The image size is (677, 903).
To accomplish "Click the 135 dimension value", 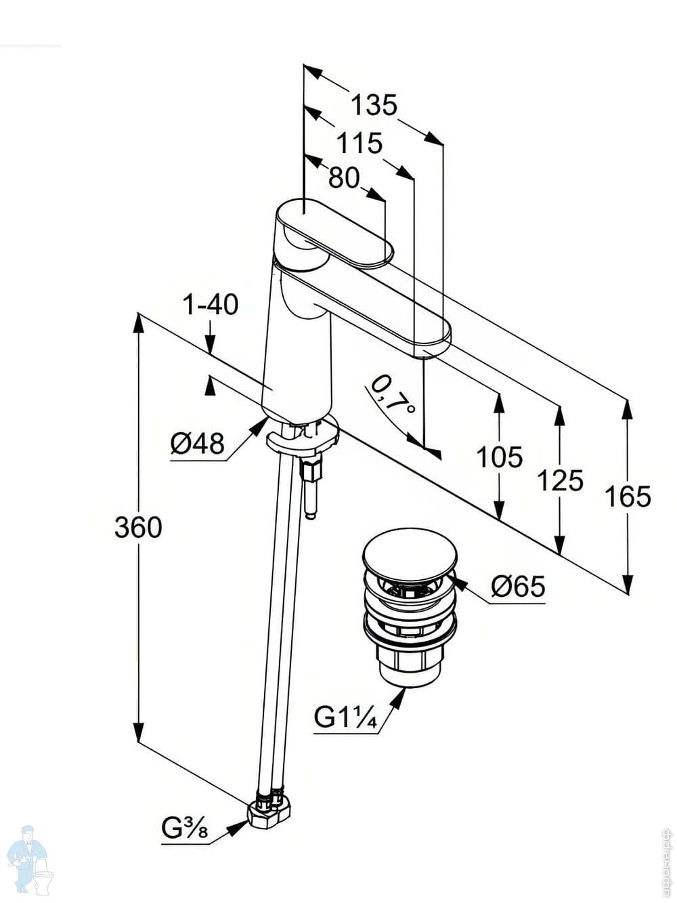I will coord(374,105).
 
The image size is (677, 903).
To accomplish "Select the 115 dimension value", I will coord(359,143).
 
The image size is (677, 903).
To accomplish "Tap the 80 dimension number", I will coord(343,177).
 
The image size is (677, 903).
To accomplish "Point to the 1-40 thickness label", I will coord(211,305).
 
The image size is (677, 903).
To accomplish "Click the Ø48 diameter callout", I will coord(197,444).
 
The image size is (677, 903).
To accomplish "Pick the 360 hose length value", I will coord(138,527).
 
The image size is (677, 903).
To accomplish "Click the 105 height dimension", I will coord(500,457).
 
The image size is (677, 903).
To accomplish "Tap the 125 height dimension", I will coord(560,480).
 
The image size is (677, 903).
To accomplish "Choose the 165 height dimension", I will coord(628,497).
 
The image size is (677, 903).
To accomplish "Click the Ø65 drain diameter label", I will coord(518,587).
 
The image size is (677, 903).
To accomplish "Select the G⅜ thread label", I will coord(184,828).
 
